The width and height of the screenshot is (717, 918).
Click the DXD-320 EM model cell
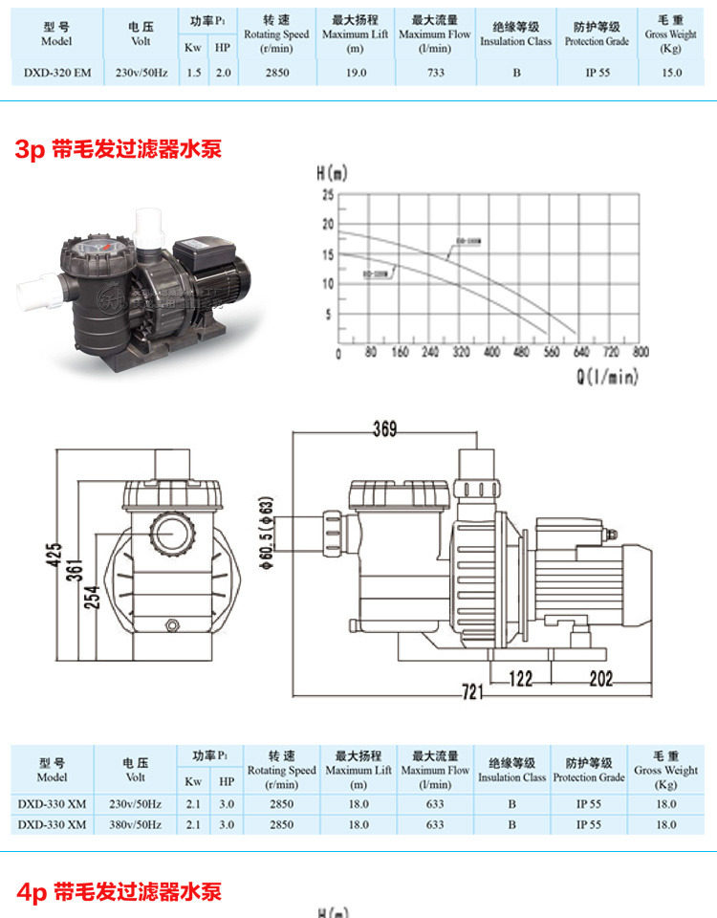[x=54, y=73]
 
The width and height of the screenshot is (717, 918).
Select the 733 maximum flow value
[x=434, y=73]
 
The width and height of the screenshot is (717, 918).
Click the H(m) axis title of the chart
[x=332, y=174]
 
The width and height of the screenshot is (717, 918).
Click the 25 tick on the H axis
[x=328, y=195]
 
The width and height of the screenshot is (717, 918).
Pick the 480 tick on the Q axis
[x=522, y=352]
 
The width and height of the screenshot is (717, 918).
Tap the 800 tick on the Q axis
[x=641, y=352]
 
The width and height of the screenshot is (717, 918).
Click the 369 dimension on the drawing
[x=383, y=429]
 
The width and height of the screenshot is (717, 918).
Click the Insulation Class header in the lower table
[x=512, y=771]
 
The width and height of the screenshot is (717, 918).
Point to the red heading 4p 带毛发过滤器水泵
[x=119, y=892]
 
